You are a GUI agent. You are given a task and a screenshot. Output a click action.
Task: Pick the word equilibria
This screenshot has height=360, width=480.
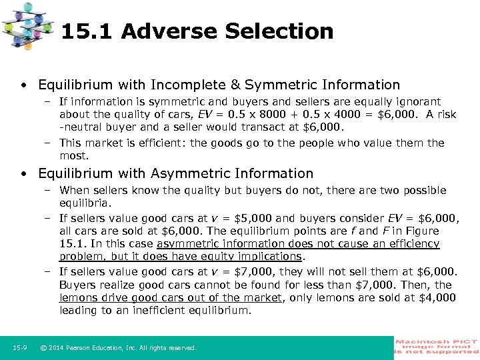pyautogui.click(x=85, y=202)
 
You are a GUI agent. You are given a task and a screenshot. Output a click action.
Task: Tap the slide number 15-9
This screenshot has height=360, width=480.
pyautogui.click(x=20, y=347)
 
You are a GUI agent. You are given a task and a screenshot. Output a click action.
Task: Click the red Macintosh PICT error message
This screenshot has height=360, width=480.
pyautogui.click(x=437, y=347)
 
